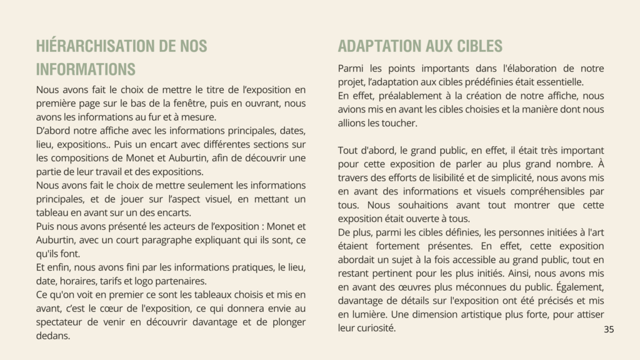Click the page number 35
tap(609, 329)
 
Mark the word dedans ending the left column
tap(52, 336)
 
